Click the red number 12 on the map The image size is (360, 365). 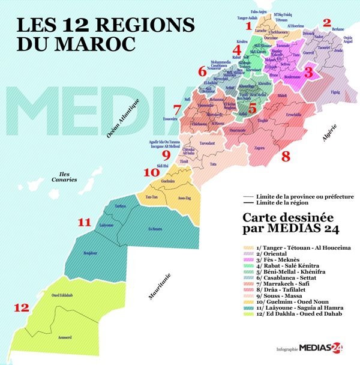pos(22,309)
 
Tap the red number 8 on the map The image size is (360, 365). pos(286,157)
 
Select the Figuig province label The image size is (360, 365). pos(335,92)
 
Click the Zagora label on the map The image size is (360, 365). pos(260,147)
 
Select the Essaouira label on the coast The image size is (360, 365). pos(170,119)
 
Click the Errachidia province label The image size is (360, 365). pos(276,114)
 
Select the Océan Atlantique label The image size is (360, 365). pos(124,118)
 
